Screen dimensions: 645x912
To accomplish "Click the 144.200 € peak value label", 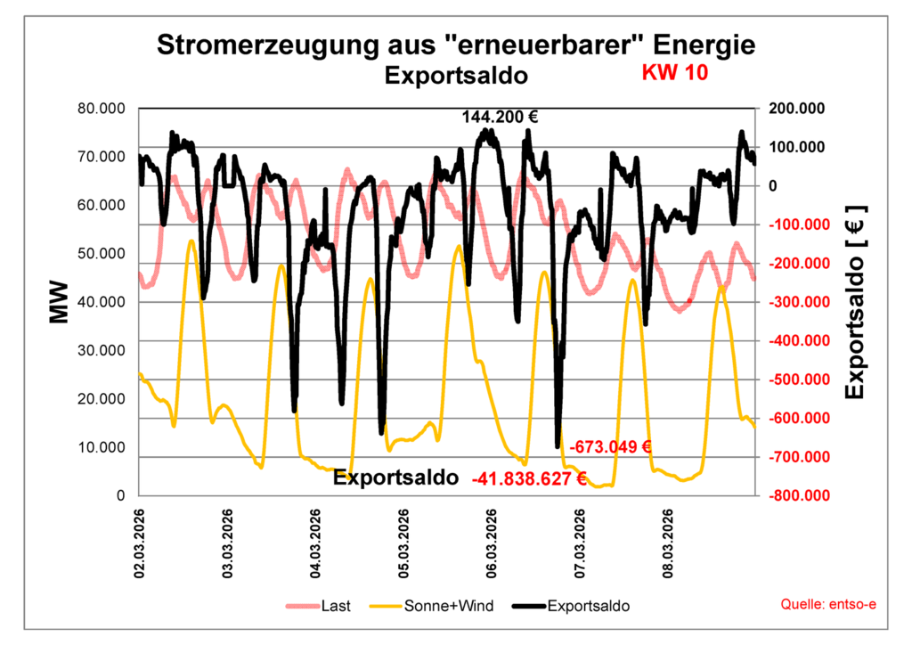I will coord(500,117).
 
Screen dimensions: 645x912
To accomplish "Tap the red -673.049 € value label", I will coord(611,446).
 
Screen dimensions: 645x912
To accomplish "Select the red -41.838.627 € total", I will coord(529,478).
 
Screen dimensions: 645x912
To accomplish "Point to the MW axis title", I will coord(59,303).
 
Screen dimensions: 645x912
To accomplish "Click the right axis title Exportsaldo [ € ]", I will coord(855,303).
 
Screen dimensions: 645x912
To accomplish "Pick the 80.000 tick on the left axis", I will coord(102,109).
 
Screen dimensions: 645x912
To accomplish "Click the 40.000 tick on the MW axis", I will coord(102,302).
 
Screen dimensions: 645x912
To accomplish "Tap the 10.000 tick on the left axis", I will coord(102,447).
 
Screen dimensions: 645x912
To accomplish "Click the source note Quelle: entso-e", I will coord(828,605).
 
